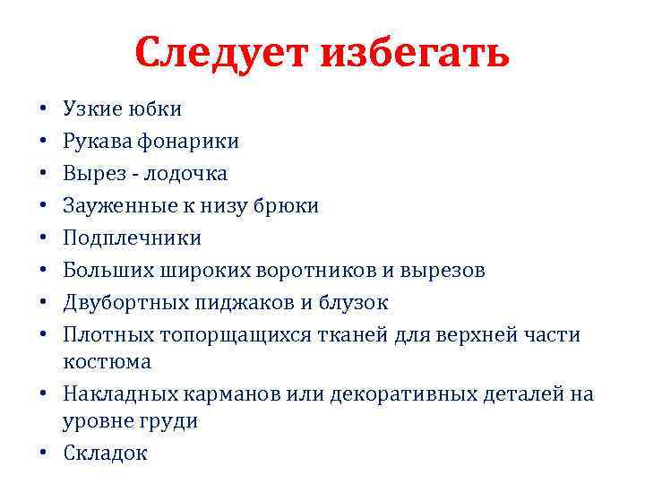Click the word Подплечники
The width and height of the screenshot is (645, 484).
point(132,238)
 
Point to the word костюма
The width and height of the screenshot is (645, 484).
point(107,362)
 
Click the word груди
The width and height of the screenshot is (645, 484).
point(169,421)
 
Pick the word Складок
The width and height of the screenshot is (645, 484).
point(105,454)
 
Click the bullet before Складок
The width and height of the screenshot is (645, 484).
point(45,454)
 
